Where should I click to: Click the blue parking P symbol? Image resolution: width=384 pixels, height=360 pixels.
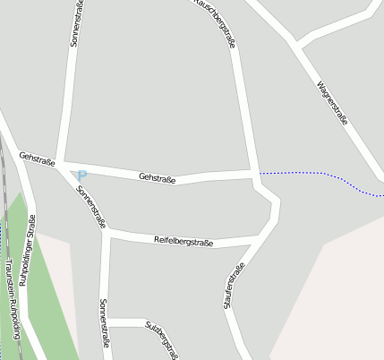[81, 175]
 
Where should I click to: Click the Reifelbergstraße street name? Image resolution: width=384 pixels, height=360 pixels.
[183, 240]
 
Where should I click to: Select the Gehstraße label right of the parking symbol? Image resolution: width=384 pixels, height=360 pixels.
[158, 178]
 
